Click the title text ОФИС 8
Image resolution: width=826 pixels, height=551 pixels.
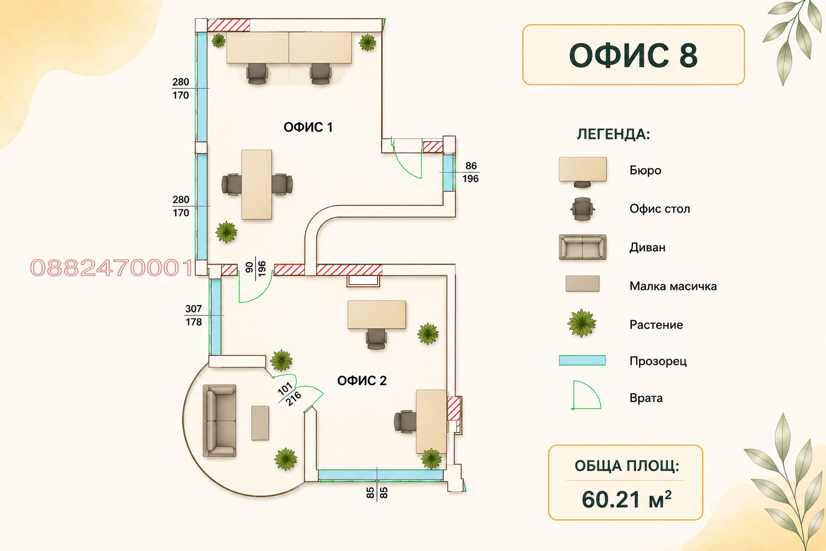[633, 55]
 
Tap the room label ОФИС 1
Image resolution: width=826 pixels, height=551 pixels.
[308, 128]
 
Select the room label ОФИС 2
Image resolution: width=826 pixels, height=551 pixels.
[362, 380]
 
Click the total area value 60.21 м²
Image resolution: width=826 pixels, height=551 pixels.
[626, 499]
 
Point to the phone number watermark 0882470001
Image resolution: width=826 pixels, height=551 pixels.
[111, 267]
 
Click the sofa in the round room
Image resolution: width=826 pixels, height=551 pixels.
[220, 421]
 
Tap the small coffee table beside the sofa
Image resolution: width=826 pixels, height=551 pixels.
[260, 423]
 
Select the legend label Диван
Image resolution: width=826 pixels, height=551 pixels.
[647, 248]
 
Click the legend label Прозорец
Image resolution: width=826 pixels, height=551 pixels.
[658, 361]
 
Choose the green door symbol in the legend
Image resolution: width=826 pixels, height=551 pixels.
[586, 395]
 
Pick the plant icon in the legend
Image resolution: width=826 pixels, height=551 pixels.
[581, 323]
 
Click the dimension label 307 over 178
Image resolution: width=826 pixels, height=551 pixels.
[194, 315]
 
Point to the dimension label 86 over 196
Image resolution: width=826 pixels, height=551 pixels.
[471, 172]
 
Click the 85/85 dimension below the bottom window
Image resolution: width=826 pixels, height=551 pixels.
[377, 493]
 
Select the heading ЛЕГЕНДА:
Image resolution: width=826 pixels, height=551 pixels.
[613, 135]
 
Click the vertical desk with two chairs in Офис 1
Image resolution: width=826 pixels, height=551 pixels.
[257, 185]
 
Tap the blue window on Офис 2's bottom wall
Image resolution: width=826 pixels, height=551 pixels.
[381, 475]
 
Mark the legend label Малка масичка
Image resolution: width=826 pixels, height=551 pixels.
[673, 286]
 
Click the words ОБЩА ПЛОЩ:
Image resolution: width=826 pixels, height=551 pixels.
[626, 466]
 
